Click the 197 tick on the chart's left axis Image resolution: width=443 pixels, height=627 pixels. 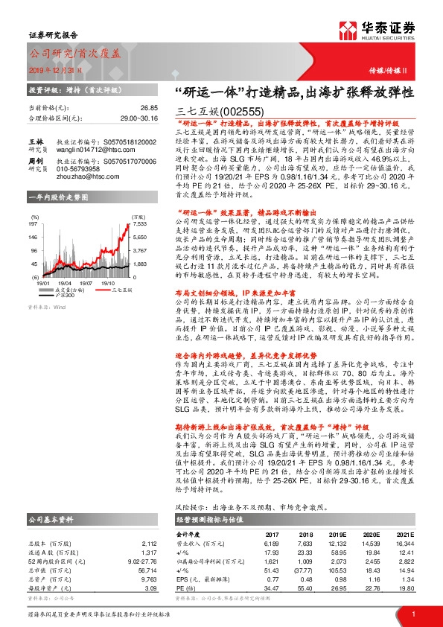click(x=34, y=223)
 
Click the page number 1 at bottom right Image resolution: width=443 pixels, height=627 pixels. click(x=412, y=613)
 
